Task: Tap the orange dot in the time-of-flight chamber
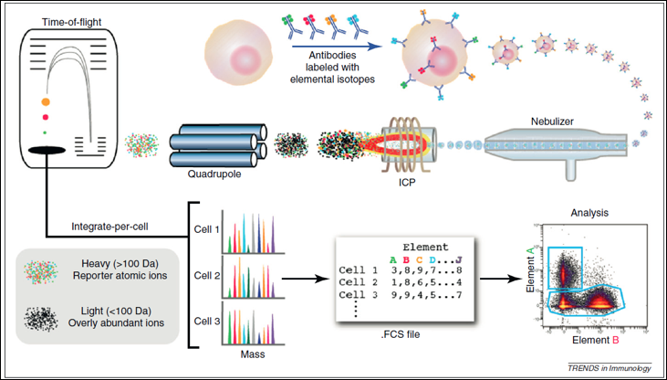point(45,103)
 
